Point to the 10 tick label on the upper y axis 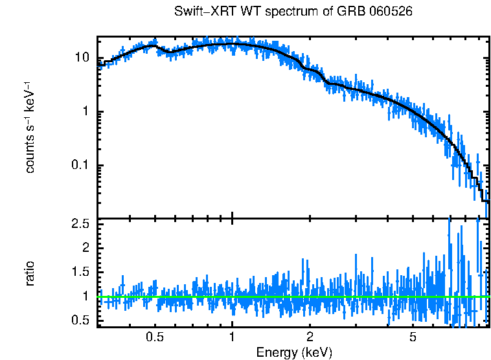82,57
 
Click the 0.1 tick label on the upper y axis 80,166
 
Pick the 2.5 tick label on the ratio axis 80,224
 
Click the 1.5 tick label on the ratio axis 80,273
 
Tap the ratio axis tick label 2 86,248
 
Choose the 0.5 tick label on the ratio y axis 80,321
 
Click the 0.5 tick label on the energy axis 155,337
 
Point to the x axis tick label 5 413,337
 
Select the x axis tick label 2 310,337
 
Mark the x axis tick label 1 232,337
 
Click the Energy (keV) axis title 294,352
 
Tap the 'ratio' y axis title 30,273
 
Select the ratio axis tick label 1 86,297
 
